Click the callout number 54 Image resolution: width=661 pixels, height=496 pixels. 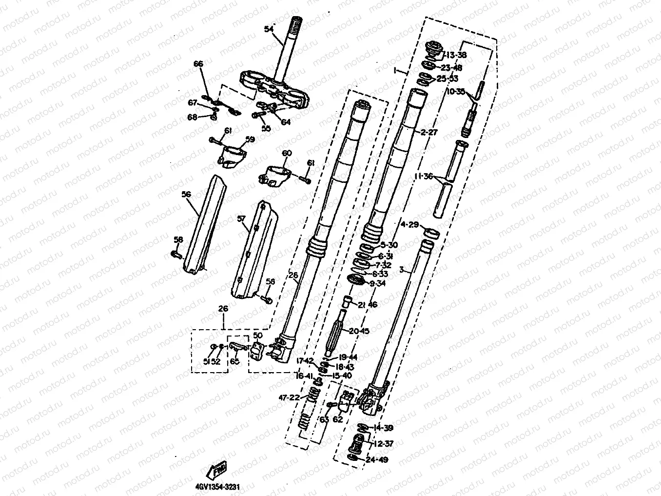268,29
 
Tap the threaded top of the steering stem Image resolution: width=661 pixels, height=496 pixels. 296,25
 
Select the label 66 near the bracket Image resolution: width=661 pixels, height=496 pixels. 198,64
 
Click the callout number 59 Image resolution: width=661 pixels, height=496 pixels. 250,139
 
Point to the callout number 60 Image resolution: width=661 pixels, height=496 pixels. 286,153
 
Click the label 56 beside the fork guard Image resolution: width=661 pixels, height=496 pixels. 186,194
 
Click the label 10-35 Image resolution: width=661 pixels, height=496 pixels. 455,91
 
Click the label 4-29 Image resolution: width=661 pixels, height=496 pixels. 409,225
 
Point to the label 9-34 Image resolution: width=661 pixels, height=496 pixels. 378,283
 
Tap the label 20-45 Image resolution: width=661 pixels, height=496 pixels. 359,331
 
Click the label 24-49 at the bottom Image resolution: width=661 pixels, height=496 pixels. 378,459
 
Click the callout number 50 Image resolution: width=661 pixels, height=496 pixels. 258,336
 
